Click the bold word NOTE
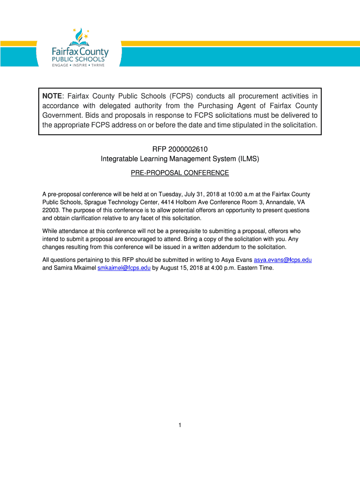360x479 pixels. [52, 96]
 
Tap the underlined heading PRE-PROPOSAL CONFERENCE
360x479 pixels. [180, 173]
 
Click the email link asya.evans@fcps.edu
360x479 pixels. [282, 260]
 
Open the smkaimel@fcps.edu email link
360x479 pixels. [124, 268]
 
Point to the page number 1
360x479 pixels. [180, 425]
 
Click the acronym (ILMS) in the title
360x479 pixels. [247, 159]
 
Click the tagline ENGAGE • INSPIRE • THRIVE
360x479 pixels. [78, 65]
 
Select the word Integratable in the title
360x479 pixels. [119, 159]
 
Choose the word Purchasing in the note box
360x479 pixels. [222, 106]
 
